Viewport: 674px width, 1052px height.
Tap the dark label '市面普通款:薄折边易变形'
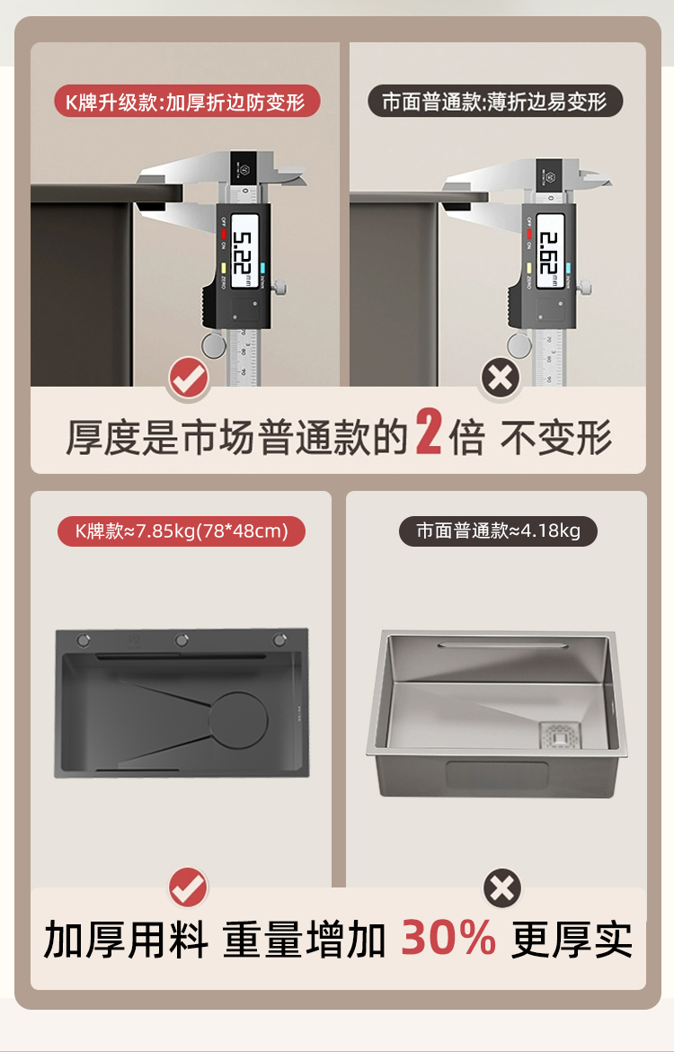coord(495,102)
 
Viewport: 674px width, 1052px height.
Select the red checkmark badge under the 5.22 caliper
coord(189,379)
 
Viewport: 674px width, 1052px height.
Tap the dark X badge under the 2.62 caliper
coord(501,379)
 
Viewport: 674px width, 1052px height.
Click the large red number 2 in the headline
coord(429,434)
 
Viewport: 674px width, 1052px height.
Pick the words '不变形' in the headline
coord(556,438)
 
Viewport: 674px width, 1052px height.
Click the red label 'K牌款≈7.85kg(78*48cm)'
coord(182,530)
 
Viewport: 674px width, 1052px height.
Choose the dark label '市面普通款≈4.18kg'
coord(498,530)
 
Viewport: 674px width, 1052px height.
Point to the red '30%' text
coord(448,938)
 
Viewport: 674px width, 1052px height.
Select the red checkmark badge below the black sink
coord(189,888)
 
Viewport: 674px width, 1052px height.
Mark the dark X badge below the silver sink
coord(502,888)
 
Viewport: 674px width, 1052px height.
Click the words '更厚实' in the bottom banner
coord(572,941)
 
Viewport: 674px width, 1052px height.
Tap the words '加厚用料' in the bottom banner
coord(126,941)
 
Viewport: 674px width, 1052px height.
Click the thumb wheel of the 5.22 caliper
coord(212,344)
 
